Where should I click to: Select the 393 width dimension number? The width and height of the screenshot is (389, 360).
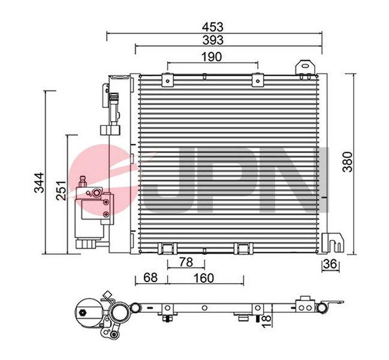click(213, 40)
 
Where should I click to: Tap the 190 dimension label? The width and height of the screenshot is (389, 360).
click(212, 57)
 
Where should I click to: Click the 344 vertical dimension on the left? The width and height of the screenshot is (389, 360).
click(38, 181)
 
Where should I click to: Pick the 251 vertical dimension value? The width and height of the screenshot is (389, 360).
click(59, 191)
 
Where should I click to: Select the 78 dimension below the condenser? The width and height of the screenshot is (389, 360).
click(186, 262)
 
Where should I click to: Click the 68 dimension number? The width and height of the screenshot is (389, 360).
click(151, 278)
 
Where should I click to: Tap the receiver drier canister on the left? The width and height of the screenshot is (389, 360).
click(92, 216)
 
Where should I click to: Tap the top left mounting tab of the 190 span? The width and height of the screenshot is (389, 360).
click(167, 77)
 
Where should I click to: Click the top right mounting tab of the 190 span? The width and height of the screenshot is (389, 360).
click(258, 77)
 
